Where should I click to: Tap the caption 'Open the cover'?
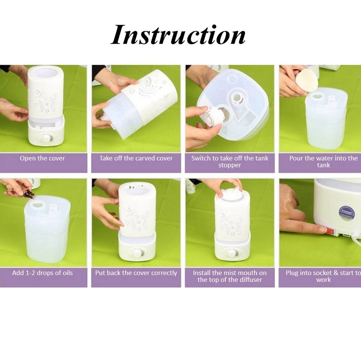42,158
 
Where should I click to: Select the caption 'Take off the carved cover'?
136,158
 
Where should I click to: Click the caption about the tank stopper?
230,161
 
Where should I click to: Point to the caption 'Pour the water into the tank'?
323,161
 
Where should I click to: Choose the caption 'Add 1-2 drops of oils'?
42,273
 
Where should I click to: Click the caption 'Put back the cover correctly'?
136,273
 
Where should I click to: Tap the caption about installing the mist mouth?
230,276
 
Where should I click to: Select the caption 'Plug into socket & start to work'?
323,276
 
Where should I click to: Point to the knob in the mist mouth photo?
232,253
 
